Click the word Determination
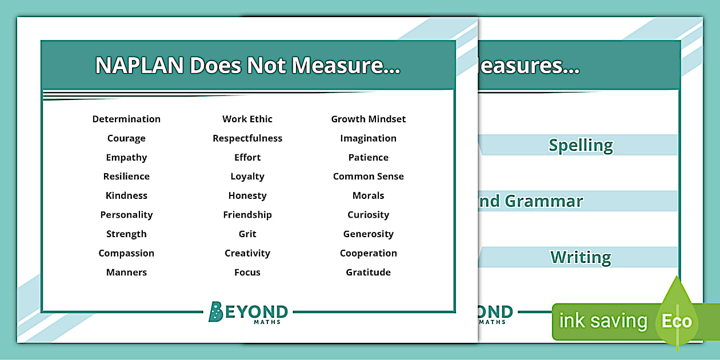point(126,119)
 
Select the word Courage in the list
point(126,138)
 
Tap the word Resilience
point(126,177)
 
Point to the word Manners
point(126,273)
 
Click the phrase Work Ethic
point(247,119)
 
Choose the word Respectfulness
point(247,138)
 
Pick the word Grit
point(247,234)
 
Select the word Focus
point(247,273)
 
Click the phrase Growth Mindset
point(369,119)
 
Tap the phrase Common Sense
point(369,177)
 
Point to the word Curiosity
point(369,215)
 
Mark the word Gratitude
point(369,273)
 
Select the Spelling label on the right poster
point(581,145)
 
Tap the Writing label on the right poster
point(581,258)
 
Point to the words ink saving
point(603,321)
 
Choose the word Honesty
point(247,196)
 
